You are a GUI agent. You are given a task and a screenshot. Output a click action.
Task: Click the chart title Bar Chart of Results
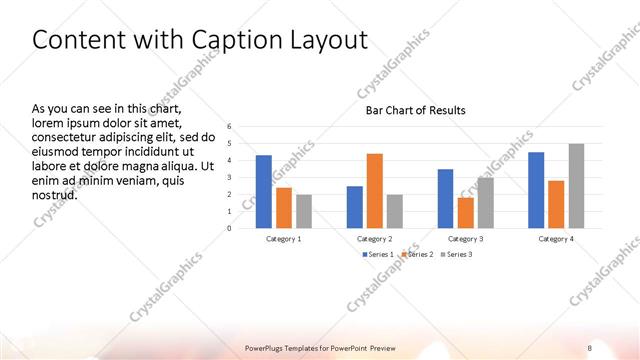click(x=414, y=110)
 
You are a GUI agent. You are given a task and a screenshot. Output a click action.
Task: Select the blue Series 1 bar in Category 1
click(x=263, y=191)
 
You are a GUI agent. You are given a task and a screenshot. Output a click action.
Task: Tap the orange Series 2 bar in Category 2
click(x=375, y=190)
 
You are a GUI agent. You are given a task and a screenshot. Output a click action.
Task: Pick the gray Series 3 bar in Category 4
click(x=576, y=185)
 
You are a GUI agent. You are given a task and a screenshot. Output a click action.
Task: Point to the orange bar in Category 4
click(x=556, y=204)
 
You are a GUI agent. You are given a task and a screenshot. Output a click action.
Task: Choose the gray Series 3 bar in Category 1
click(x=304, y=211)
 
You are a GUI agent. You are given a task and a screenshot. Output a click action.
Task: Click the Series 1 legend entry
click(x=377, y=255)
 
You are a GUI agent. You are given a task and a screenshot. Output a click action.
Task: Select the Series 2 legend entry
click(x=417, y=255)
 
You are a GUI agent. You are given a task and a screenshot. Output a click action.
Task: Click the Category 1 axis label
click(x=284, y=239)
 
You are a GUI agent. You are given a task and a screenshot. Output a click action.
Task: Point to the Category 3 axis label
click(x=465, y=239)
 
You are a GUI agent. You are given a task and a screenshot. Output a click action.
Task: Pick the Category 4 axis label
click(x=556, y=239)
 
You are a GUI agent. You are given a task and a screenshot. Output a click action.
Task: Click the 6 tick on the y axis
click(x=229, y=127)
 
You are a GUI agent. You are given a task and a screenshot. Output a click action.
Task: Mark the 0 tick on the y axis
click(x=229, y=228)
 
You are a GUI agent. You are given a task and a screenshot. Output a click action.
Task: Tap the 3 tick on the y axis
click(x=229, y=178)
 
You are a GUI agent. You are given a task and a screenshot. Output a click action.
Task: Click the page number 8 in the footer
click(x=590, y=348)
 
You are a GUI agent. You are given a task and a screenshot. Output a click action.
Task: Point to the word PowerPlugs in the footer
click(x=270, y=348)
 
